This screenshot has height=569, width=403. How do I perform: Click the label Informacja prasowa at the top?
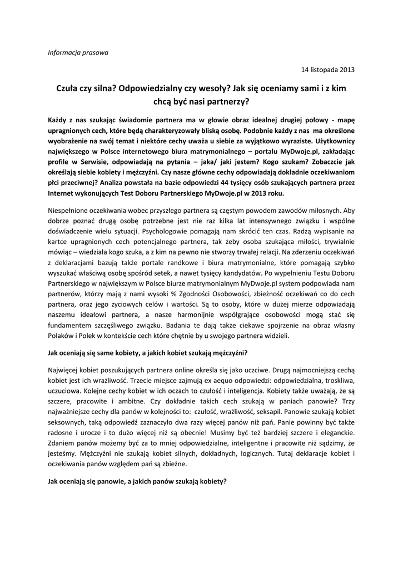click(78, 53)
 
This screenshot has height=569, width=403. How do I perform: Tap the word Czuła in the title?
click(68, 88)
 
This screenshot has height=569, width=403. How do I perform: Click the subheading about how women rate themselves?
click(148, 353)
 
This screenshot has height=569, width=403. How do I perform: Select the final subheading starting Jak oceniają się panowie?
click(138, 481)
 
